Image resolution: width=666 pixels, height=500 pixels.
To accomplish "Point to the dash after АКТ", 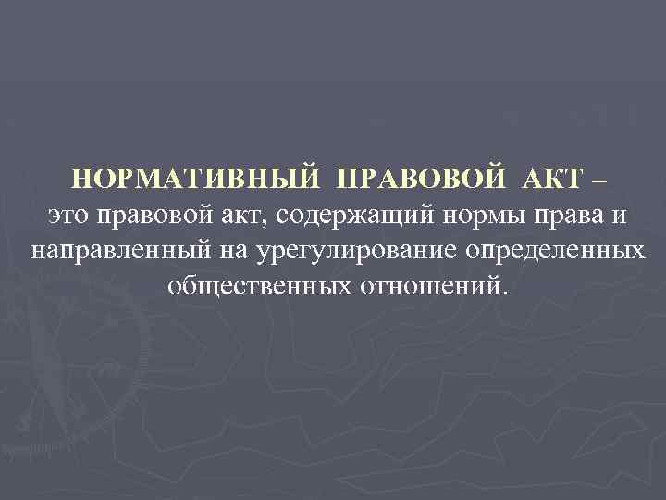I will click(x=601, y=178).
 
